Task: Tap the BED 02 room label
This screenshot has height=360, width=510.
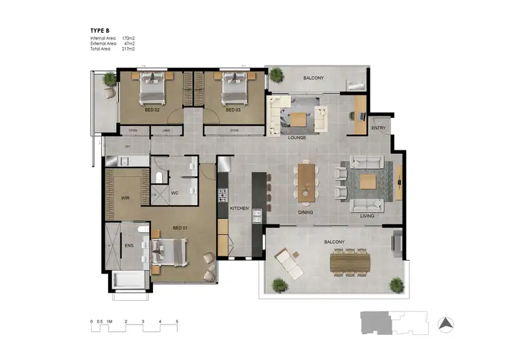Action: (152, 110)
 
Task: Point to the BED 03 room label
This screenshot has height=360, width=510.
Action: (233, 110)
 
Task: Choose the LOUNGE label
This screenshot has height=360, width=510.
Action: (296, 137)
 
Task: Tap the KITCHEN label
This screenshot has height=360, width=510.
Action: (240, 208)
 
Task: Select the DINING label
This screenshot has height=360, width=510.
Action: (306, 212)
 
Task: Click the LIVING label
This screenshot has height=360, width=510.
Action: (367, 216)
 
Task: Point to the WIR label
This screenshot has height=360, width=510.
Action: (125, 199)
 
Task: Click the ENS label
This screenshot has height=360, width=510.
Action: (129, 247)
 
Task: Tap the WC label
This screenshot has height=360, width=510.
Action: (175, 193)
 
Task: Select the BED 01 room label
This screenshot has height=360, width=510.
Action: (180, 227)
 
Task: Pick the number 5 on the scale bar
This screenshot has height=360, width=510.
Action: (177, 321)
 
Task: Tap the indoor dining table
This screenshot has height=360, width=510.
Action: (307, 180)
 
